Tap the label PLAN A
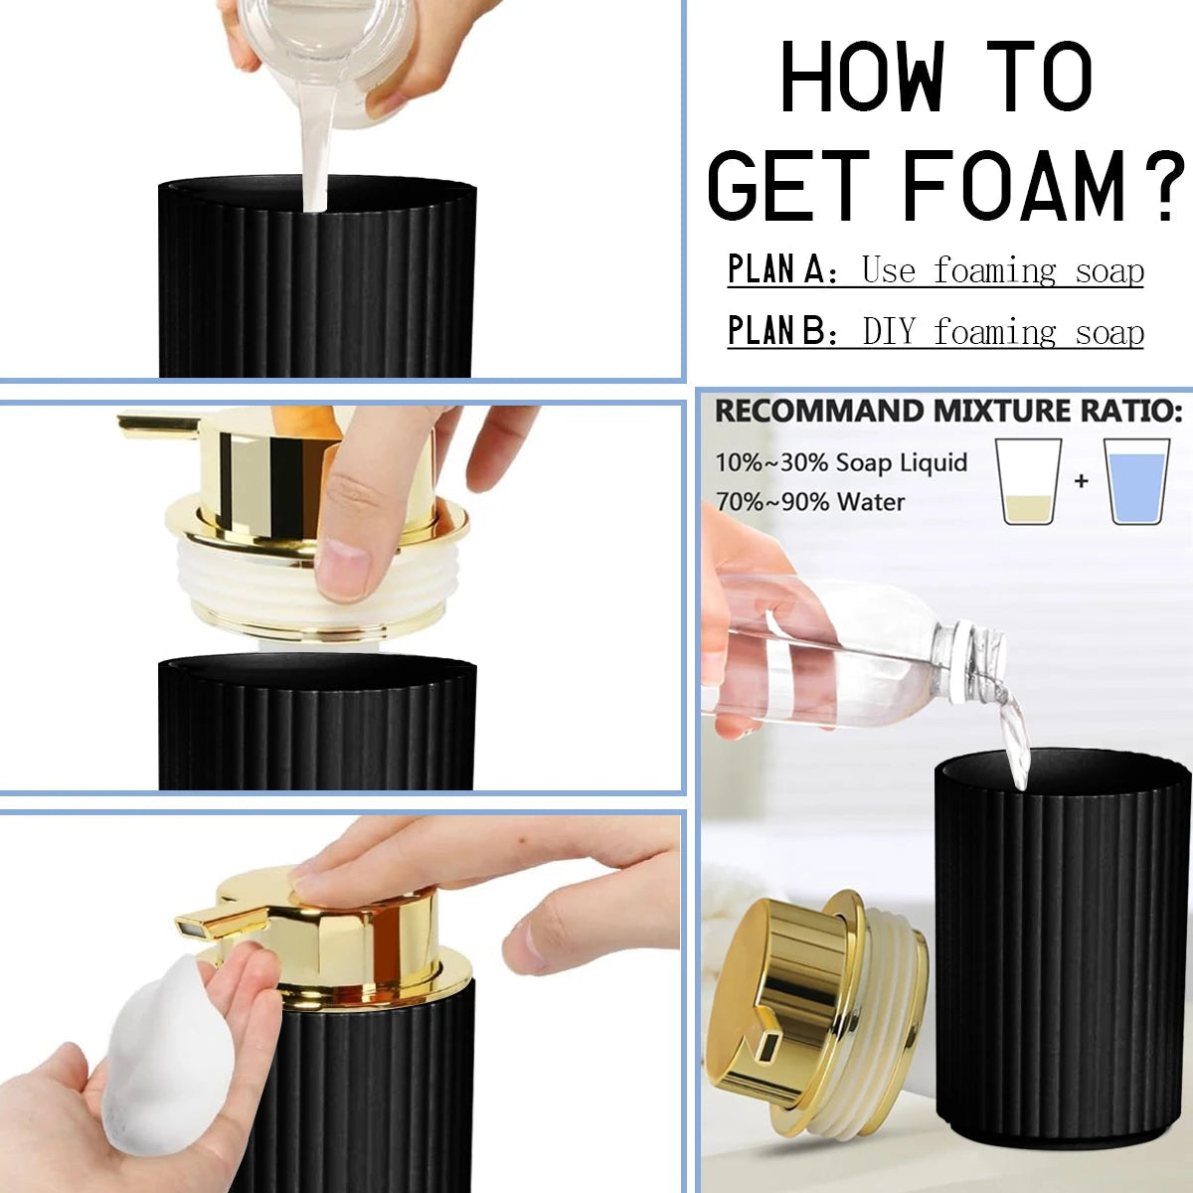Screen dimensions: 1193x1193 775,269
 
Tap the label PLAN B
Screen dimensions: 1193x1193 775,331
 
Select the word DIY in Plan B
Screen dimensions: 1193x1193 888,331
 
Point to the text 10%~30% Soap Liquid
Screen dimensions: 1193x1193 840,462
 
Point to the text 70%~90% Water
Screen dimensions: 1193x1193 809,502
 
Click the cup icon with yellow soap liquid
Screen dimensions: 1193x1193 1029,482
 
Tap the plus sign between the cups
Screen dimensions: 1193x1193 1082,481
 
